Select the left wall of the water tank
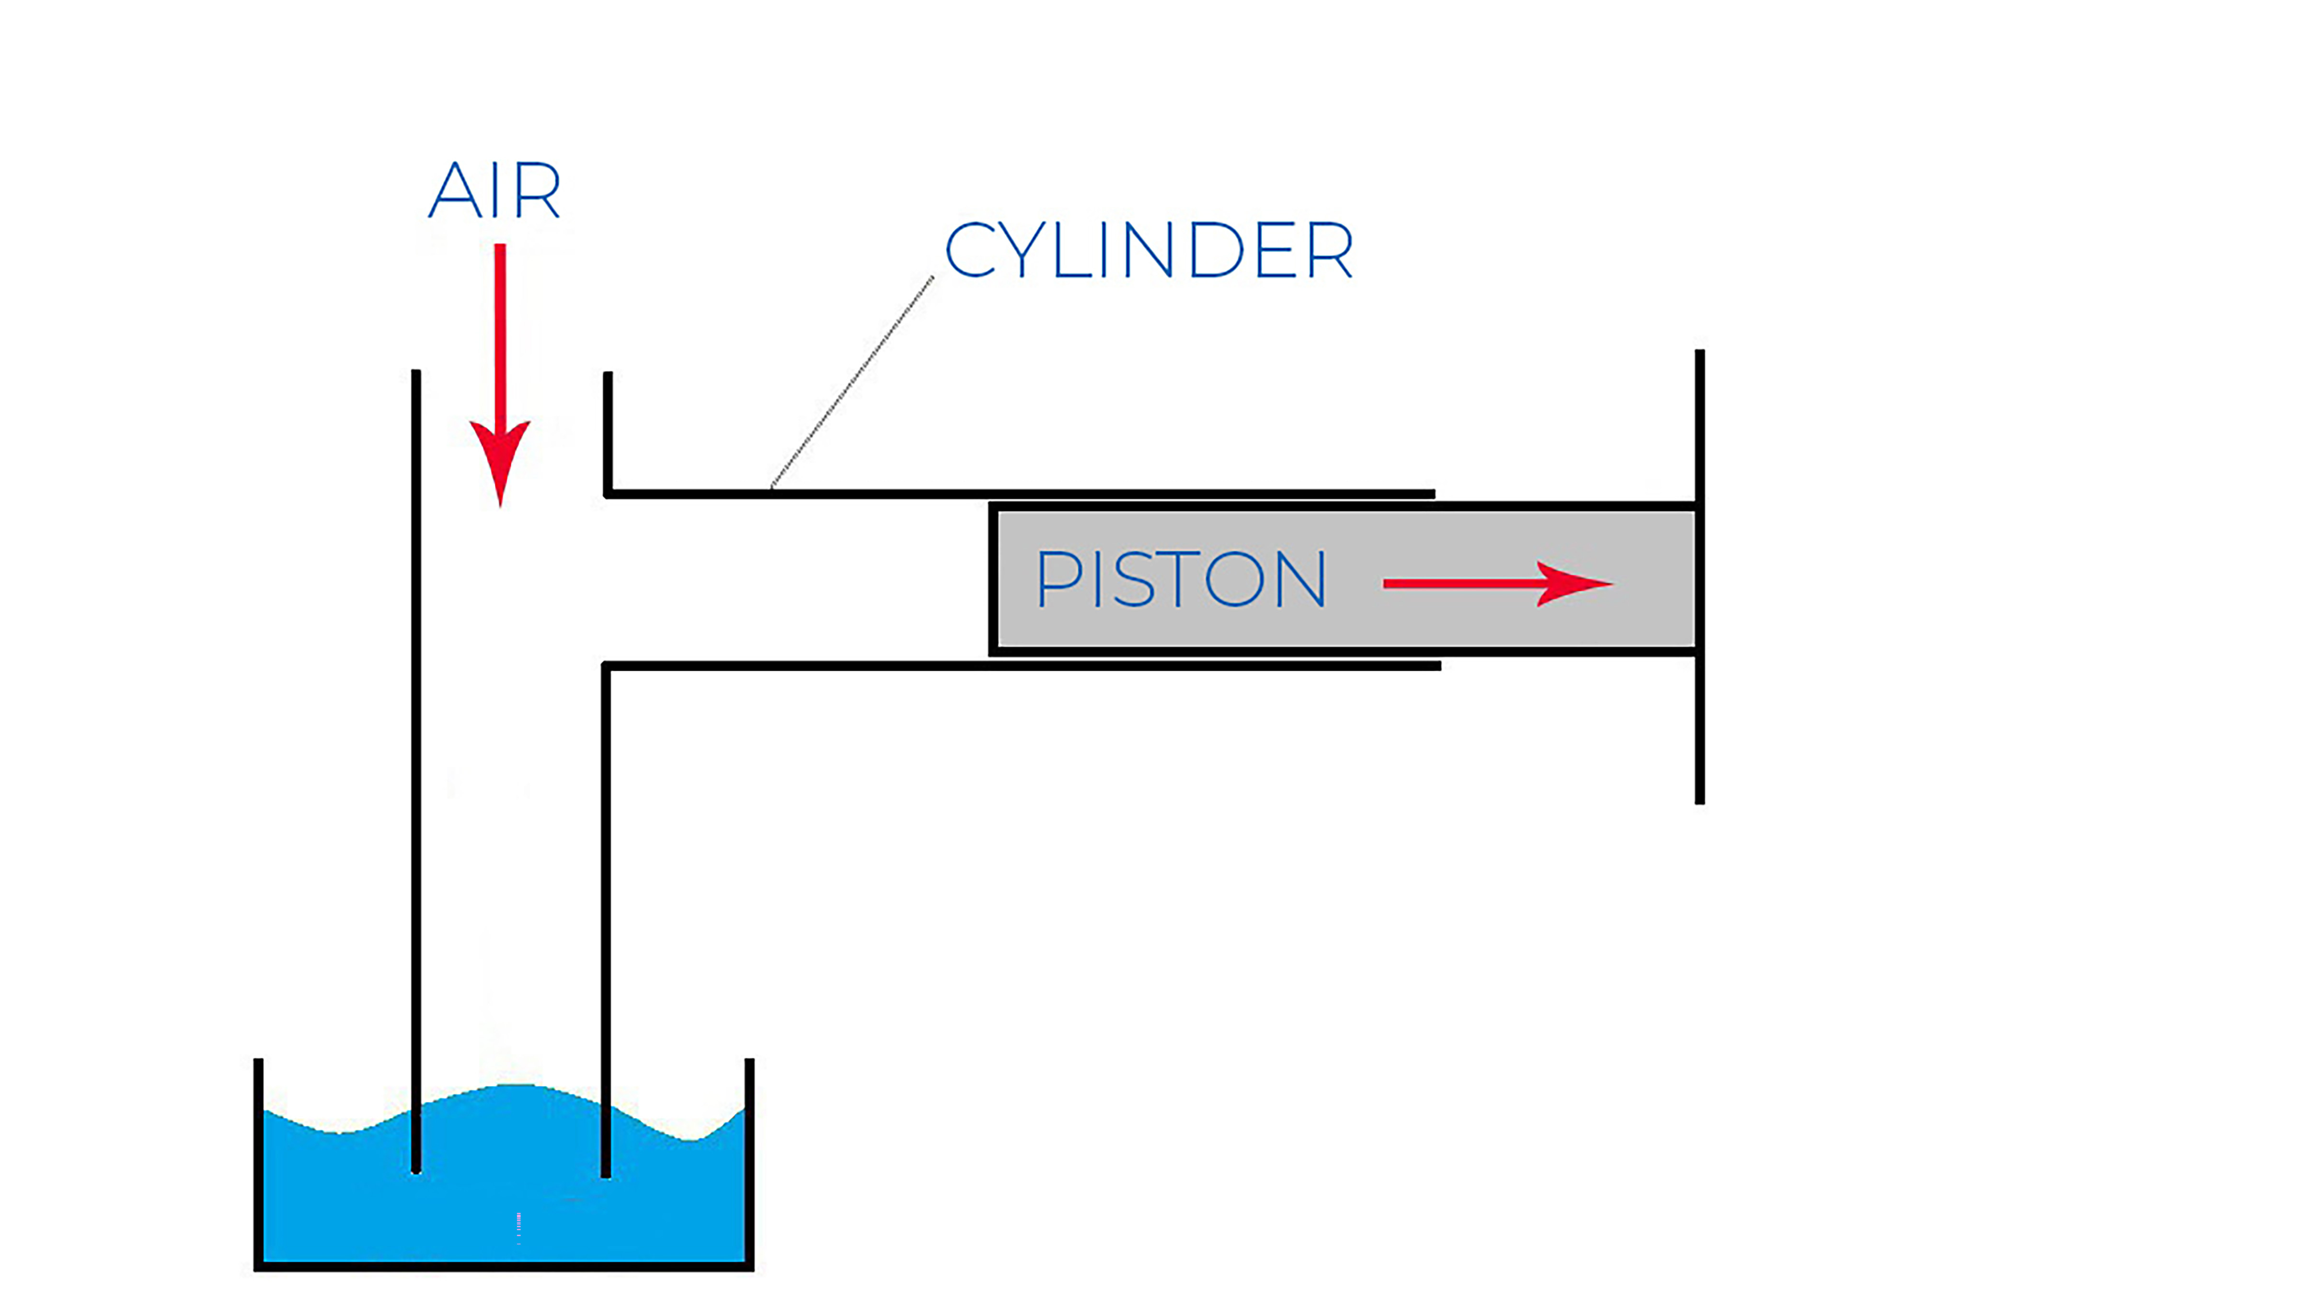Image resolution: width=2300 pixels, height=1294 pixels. click(259, 1161)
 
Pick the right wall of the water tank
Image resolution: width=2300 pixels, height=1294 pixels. click(749, 1161)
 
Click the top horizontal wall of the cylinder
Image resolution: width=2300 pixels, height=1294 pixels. click(1018, 493)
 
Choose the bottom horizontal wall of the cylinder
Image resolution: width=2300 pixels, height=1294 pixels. click(1018, 665)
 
